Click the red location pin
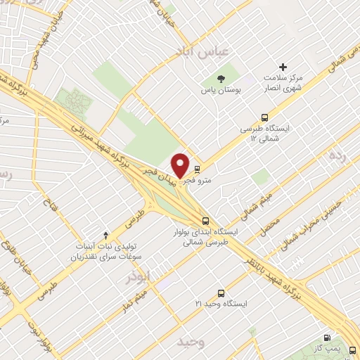tap(181, 165)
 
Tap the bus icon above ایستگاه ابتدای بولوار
tap(205, 218)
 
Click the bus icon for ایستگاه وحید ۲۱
tap(221, 292)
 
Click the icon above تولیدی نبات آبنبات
tap(106, 234)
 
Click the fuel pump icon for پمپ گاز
tap(326, 339)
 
